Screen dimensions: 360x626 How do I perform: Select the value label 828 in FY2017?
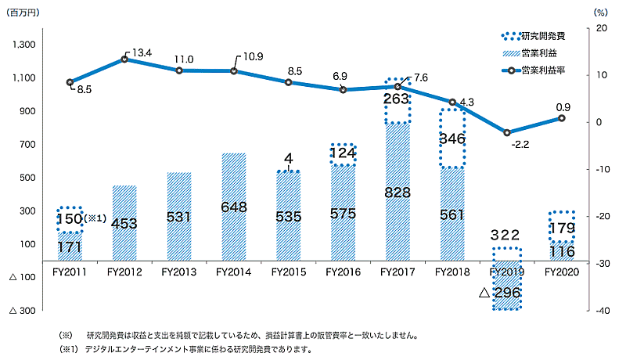coord(397,192)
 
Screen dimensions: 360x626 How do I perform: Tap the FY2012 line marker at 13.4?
coord(124,59)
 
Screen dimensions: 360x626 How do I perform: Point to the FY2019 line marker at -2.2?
coord(507,133)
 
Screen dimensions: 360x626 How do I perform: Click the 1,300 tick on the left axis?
coord(23,45)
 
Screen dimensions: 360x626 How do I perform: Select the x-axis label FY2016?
coord(342,272)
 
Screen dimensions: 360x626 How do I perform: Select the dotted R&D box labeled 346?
coord(452,138)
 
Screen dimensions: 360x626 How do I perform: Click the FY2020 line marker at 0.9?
coord(561,118)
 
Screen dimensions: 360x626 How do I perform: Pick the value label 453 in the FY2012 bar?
coord(124,222)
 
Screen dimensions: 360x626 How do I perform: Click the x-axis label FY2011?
coord(70,272)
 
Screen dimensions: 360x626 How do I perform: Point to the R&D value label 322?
coord(505,234)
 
